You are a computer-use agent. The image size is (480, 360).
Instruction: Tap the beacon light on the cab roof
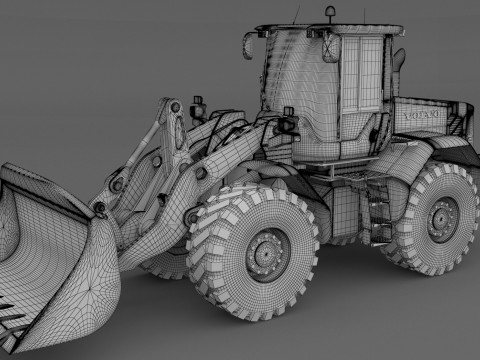pos(330,13)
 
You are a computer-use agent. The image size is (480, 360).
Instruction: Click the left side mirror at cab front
pos(250,46)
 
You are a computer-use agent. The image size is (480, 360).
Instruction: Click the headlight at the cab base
pos(291,127)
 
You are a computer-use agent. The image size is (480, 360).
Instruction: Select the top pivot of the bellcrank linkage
pos(172,108)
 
